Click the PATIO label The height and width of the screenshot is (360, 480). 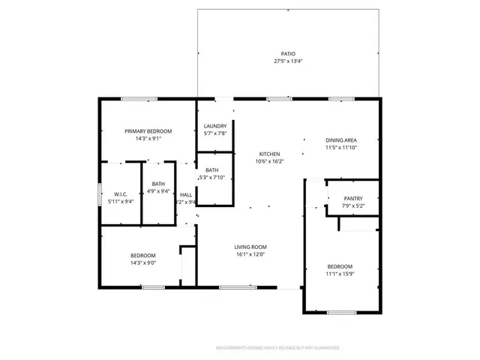[288, 54]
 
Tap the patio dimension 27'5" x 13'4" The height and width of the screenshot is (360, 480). [288, 61]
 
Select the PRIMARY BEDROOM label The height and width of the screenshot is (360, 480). [148, 131]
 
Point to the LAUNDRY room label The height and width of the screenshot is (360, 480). [215, 126]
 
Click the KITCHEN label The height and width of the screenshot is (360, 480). [269, 154]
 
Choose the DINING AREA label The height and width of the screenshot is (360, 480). [340, 140]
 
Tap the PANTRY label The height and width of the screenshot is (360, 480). [352, 199]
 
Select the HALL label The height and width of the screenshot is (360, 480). [186, 194]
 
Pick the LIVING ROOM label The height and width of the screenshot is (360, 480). [250, 247]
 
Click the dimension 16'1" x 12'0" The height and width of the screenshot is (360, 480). [250, 254]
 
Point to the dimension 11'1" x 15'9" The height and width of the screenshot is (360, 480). [340, 274]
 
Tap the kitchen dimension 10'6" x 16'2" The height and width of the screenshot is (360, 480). [269, 161]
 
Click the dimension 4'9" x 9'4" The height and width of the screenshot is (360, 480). [157, 190]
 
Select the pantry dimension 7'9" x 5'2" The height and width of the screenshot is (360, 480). [352, 205]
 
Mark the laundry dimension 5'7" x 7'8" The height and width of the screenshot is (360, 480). [215, 133]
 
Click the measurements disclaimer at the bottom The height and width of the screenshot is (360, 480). [277, 348]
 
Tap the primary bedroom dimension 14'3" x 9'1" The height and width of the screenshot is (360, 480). [148, 139]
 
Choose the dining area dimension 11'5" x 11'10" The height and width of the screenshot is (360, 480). [340, 148]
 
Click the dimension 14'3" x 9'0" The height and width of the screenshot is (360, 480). [143, 262]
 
